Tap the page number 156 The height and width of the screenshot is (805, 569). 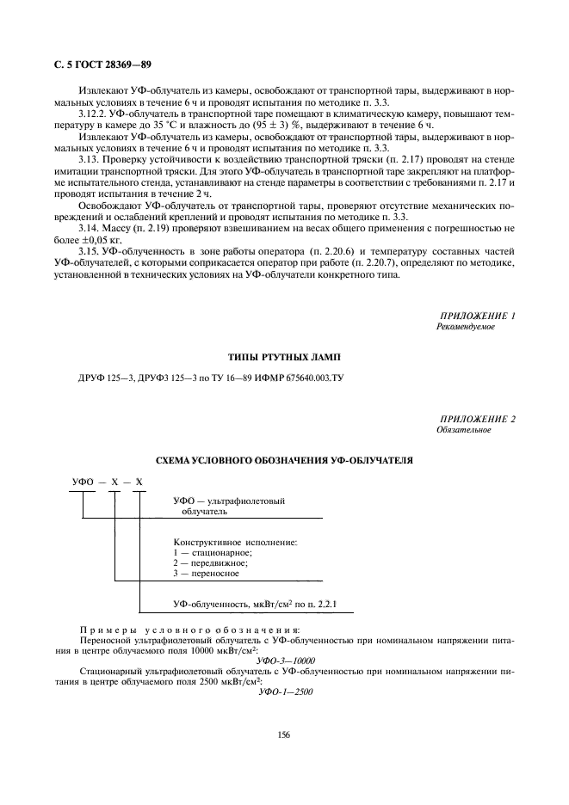(x=283, y=734)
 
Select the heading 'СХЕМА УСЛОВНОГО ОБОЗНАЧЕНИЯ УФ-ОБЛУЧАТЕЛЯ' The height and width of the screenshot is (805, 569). (x=283, y=460)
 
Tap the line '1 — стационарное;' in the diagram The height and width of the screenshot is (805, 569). (x=212, y=552)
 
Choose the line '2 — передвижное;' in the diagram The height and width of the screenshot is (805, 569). (x=212, y=562)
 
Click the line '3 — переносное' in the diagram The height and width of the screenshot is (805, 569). (x=209, y=573)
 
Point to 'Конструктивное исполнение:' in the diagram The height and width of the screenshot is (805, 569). (x=235, y=542)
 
